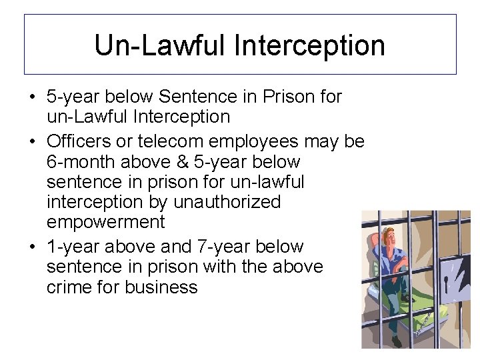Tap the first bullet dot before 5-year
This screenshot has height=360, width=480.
click(33, 97)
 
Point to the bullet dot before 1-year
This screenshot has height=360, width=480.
click(33, 247)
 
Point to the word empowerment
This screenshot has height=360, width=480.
click(105, 221)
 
